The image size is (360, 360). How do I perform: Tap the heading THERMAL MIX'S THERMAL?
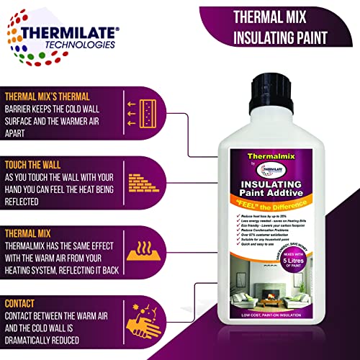pyautogui.click(x=56, y=96)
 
